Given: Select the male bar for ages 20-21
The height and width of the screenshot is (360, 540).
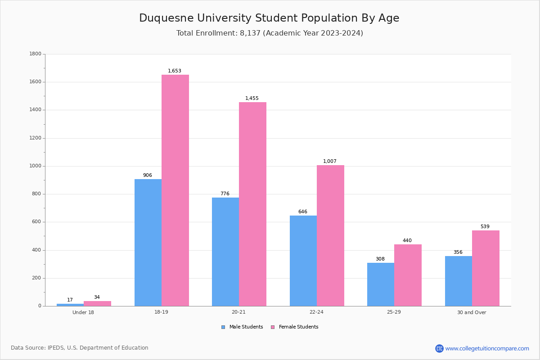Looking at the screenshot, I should [225, 252].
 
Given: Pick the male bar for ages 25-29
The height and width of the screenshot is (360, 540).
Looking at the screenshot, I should [381, 284].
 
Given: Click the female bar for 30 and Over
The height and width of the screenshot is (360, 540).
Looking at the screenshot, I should [486, 268].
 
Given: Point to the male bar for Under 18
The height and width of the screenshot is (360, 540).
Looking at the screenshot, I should [70, 305].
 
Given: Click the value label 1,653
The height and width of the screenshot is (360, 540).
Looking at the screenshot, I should [175, 71].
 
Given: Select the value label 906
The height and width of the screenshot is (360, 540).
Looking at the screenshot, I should [148, 175].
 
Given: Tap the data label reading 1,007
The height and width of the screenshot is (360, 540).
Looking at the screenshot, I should [330, 162].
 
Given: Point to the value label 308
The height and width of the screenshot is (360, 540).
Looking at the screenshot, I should [380, 259].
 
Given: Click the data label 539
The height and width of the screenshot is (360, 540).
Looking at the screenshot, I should [485, 227].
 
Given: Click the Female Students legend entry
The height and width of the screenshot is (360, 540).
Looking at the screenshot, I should [295, 327].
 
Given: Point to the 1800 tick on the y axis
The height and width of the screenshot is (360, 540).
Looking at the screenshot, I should [35, 54].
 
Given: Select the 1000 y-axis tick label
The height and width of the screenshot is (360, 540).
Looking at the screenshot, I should [35, 166].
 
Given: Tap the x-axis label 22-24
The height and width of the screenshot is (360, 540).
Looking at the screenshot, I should [316, 312].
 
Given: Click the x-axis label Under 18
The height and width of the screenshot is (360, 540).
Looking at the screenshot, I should [83, 312].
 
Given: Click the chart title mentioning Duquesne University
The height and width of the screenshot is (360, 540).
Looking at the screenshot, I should [269, 18].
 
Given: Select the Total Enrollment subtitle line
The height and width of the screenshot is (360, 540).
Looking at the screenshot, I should [270, 33].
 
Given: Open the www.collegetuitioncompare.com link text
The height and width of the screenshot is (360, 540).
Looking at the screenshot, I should [487, 348].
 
